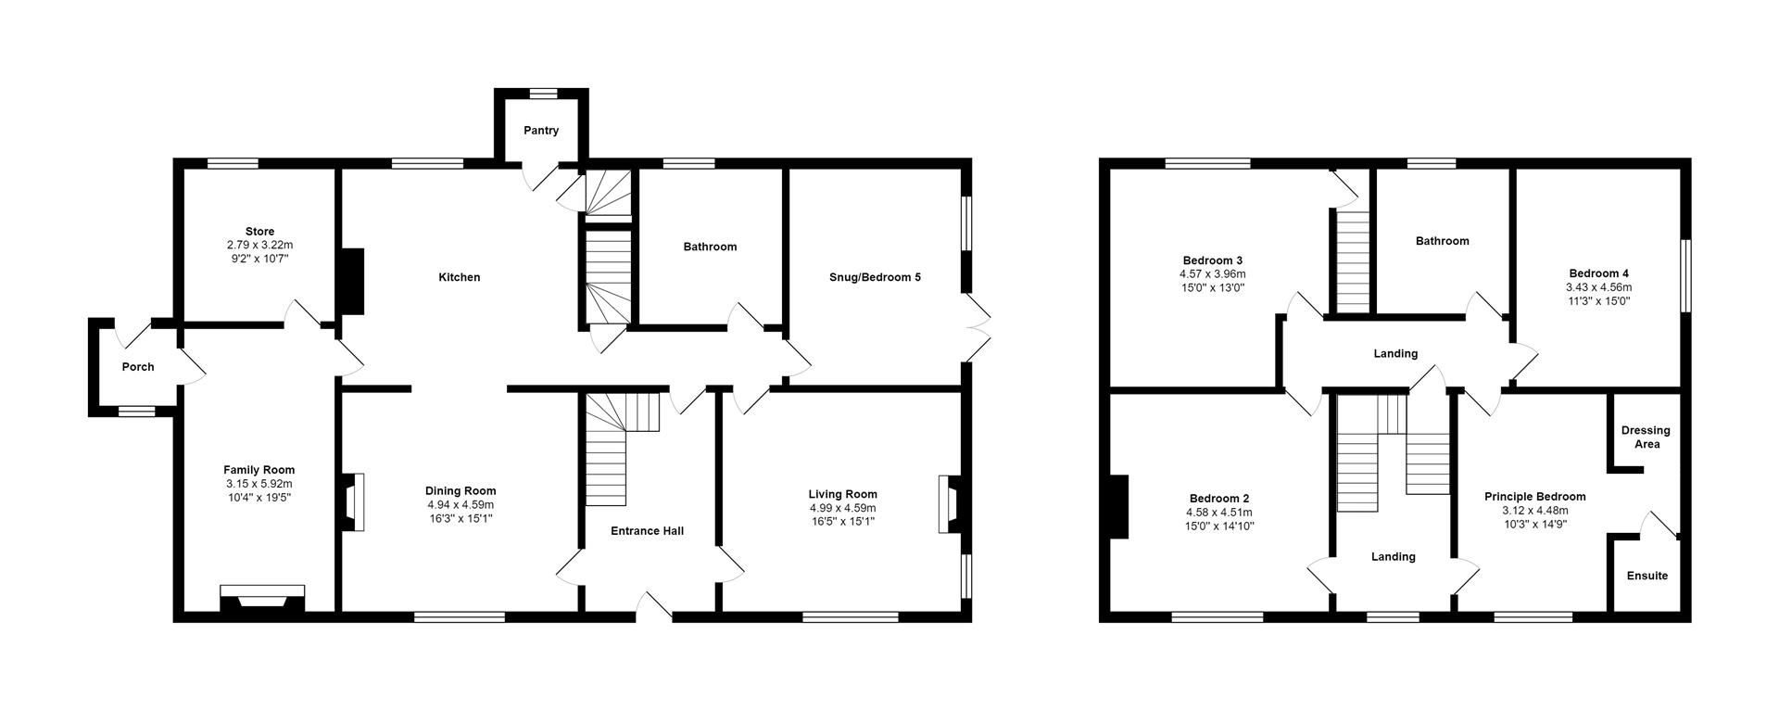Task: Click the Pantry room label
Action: click(541, 131)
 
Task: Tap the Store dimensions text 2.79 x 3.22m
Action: click(259, 245)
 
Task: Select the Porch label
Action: click(138, 367)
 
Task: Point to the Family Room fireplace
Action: click(262, 598)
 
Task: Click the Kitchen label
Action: click(460, 277)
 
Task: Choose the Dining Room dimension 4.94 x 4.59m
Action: click(461, 505)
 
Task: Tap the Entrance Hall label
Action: click(647, 531)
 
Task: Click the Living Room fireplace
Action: click(950, 504)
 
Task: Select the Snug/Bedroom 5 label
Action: click(875, 277)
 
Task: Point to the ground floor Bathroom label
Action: click(710, 247)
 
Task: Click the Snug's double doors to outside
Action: click(977, 328)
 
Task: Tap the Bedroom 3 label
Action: click(1212, 260)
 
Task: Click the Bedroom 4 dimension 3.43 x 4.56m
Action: click(1598, 287)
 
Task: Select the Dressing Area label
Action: click(1646, 437)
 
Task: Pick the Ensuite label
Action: click(1647, 576)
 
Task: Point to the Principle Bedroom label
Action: click(1534, 497)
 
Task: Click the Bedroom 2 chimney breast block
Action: click(1118, 506)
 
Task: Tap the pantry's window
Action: click(543, 92)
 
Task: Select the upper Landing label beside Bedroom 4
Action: click(1395, 353)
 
